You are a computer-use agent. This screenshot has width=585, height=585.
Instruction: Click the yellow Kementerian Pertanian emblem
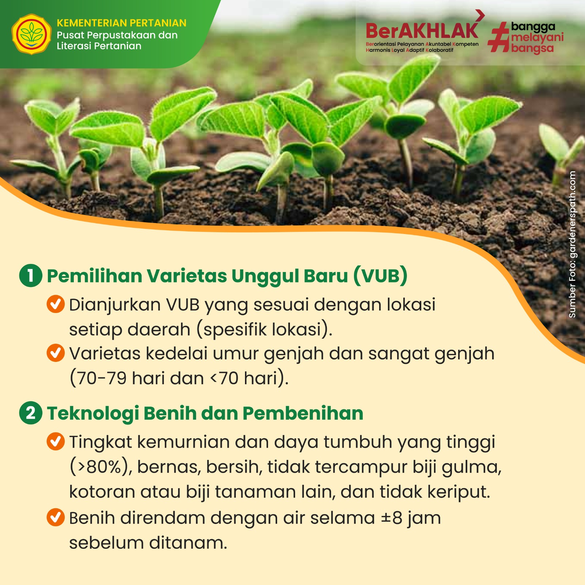pos(31,34)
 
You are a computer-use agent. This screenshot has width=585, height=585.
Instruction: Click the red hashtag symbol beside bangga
pos(499,37)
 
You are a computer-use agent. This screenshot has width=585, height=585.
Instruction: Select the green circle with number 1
pos(31,275)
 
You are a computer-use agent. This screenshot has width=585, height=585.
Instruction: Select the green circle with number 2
pos(31,413)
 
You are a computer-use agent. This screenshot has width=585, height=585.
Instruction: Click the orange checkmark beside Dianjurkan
pos(56,304)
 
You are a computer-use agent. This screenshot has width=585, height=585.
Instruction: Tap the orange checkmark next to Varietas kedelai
pos(56,353)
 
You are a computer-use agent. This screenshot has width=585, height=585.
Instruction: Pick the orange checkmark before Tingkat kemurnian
pos(56,441)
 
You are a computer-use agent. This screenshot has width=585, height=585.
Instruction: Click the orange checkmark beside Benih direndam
pos(56,517)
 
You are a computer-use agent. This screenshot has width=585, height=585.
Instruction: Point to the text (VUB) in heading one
pos(380,276)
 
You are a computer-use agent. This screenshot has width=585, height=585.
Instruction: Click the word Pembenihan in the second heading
pos(303,413)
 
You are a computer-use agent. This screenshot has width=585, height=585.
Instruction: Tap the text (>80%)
pos(101,467)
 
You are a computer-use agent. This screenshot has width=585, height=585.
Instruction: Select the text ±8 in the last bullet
pos(392,518)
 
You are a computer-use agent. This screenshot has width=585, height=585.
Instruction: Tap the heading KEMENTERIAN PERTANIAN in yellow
pos(121,23)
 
